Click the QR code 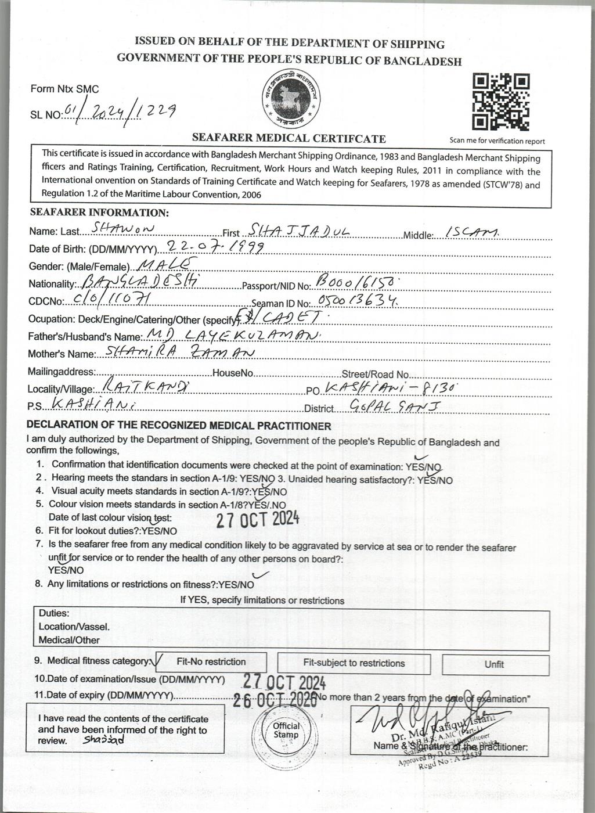point(501,102)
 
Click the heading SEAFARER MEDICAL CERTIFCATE point(289,138)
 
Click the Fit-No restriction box point(211,662)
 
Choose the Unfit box point(495,664)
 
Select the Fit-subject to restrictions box point(354,663)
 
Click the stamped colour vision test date point(258,519)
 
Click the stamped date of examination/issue point(284,681)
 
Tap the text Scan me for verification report point(497,141)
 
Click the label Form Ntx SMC point(64,89)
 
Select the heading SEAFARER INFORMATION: point(99,213)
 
